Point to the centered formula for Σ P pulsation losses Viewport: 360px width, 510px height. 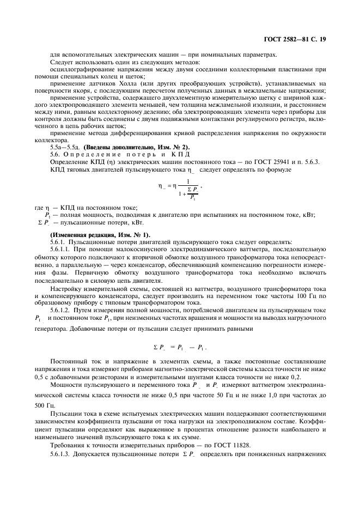(x=180, y=347)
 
